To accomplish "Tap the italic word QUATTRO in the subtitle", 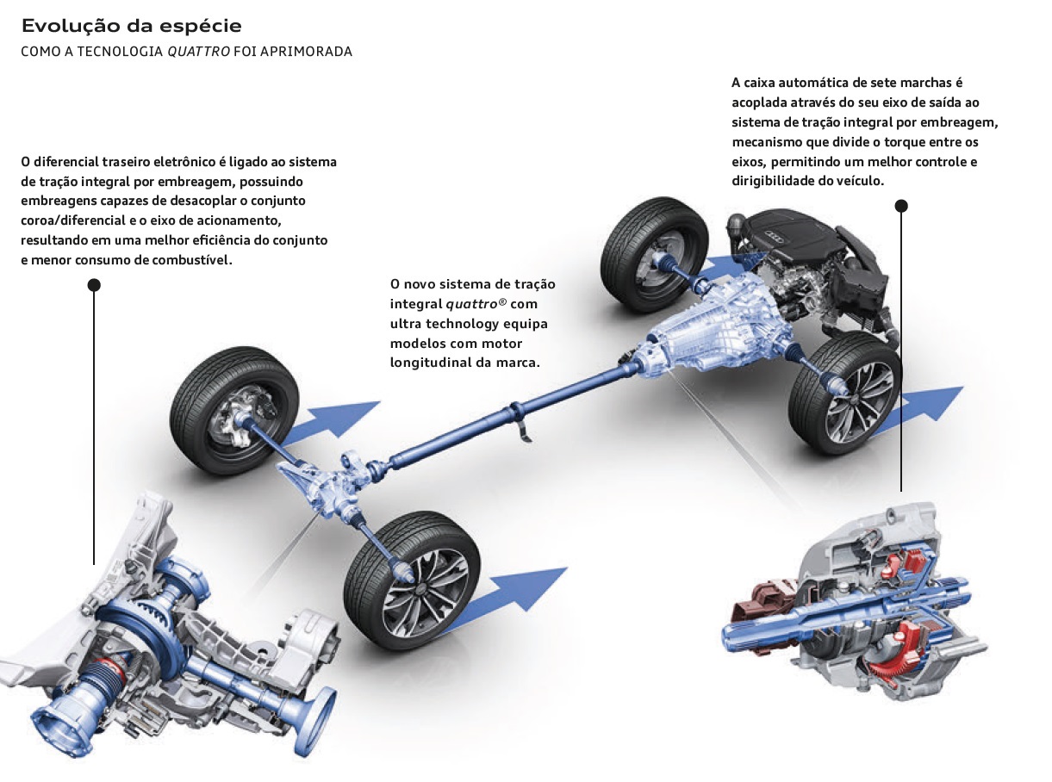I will tap(198, 52).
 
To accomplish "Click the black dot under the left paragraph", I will tap(94, 285).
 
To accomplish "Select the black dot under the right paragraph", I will tap(901, 206).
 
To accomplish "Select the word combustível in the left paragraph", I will tap(190, 259).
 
